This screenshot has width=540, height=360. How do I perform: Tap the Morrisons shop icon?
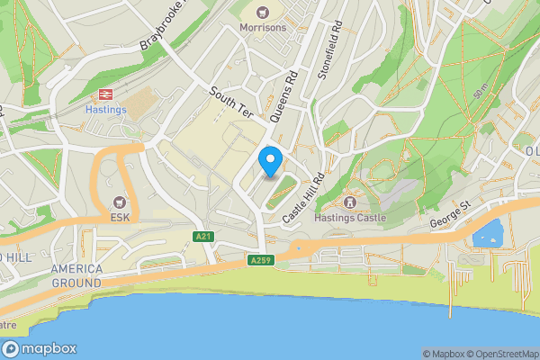(263, 13)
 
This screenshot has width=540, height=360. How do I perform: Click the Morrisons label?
(263, 27)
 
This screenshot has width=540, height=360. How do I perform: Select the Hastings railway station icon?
(106, 94)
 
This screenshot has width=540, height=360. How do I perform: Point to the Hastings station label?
(106, 109)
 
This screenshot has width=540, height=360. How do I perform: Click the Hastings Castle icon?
(349, 202)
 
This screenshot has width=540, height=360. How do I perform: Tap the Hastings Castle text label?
(350, 217)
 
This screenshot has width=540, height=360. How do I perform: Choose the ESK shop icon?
(120, 202)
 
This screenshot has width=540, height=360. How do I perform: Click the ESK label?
(120, 217)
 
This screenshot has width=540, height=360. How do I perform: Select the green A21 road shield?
(204, 236)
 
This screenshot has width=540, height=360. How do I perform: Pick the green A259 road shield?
(261, 260)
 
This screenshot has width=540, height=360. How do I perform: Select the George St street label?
(450, 214)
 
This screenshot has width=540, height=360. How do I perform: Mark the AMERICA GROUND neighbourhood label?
(76, 275)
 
